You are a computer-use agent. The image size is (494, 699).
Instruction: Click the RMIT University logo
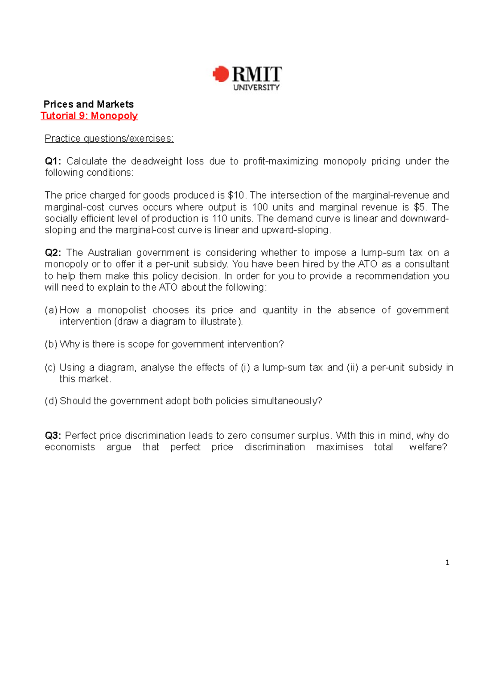pos(247,77)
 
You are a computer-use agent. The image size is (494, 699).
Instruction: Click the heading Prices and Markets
pos(89,104)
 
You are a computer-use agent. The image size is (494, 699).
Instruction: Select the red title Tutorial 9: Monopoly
pos(89,116)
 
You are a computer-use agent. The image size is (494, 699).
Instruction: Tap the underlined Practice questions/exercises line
pos(109,138)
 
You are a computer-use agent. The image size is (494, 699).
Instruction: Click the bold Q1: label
pos(53,161)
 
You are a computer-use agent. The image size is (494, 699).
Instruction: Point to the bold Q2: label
pos(53,252)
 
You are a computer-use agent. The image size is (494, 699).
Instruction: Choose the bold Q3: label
pos(53,436)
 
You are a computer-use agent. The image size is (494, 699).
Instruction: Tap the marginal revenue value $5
pos(419,207)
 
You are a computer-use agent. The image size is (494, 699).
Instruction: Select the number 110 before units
pos(219,218)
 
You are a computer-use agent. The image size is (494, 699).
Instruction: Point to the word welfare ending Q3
pos(427,447)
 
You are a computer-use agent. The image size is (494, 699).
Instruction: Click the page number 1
pos(447,563)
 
